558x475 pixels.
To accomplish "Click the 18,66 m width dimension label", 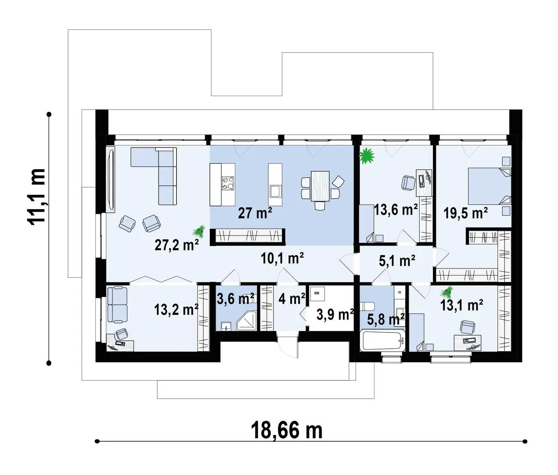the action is point(287,431).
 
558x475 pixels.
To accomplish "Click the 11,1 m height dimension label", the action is point(36,196).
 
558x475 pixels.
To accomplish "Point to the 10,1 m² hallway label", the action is point(282,258).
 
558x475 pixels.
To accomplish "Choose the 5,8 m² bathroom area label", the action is point(386,320).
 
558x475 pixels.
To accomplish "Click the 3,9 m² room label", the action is point(335,314).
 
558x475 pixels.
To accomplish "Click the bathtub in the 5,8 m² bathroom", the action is point(382,340).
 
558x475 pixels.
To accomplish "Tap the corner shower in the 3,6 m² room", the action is point(247,321).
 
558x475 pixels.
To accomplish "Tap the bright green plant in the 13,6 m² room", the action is point(367,156).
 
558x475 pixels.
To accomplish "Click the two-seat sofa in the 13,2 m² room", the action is point(117,304).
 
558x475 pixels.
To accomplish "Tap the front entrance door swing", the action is point(288,348).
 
